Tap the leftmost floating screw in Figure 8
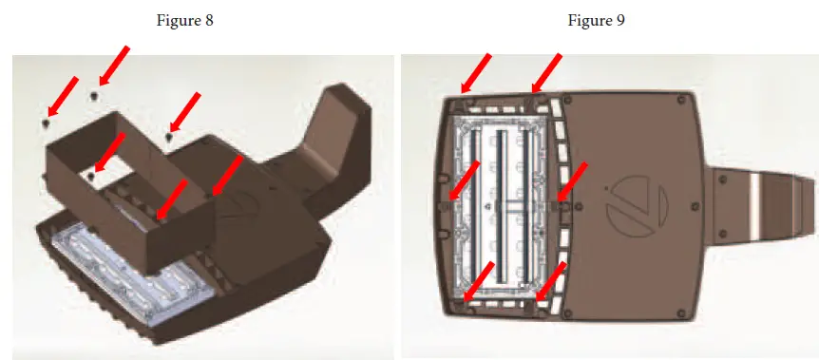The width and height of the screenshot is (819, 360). [x=47, y=123]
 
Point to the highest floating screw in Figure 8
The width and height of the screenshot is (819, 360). [x=93, y=94]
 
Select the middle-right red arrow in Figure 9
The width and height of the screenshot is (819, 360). [x=573, y=180]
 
